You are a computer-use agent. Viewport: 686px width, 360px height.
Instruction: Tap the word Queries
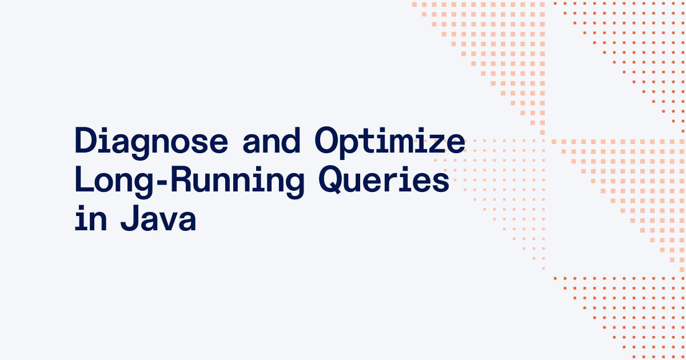384,180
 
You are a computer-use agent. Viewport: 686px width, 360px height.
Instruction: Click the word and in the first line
272,141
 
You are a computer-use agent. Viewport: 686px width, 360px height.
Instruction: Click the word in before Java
91,218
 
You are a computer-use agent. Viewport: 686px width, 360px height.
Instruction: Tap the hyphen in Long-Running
161,182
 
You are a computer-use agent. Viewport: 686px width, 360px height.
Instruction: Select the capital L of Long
84,179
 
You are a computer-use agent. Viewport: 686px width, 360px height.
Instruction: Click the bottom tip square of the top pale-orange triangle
542,133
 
